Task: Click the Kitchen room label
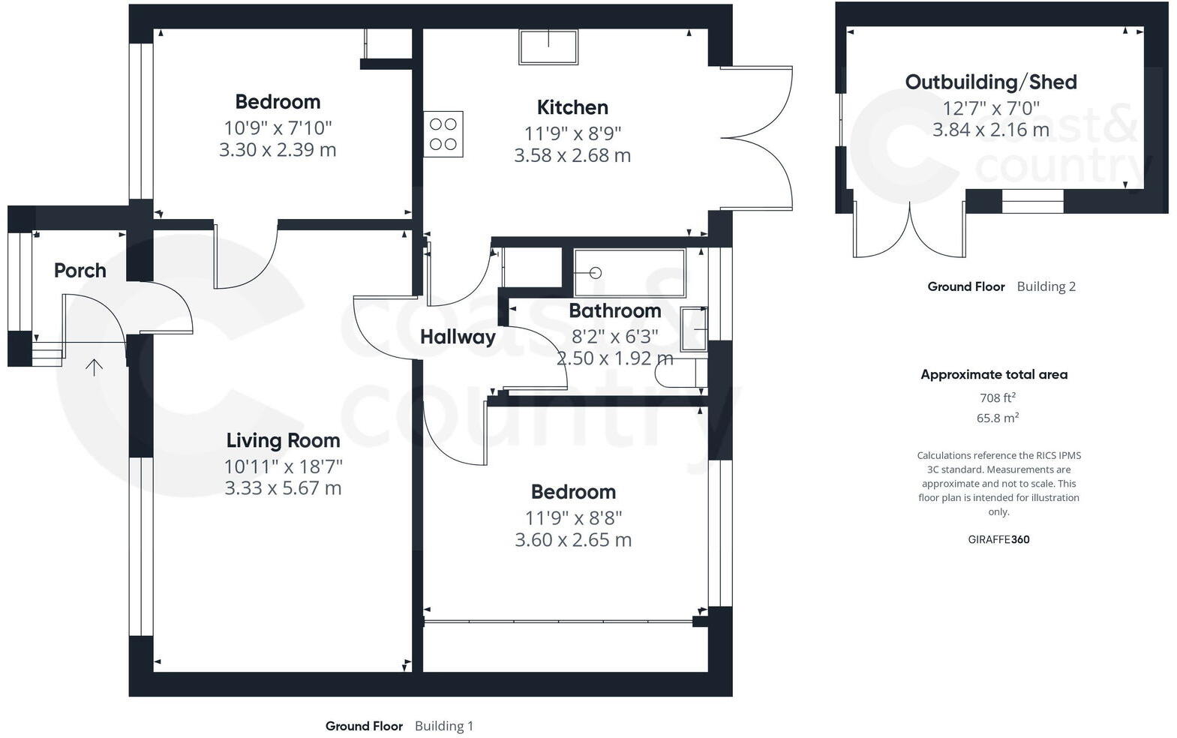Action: (572, 107)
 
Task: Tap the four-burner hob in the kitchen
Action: (443, 134)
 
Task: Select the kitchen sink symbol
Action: (548, 46)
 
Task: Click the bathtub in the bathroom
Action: (629, 273)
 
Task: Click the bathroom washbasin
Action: (693, 328)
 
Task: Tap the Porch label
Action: (80, 270)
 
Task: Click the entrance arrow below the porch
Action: (94, 367)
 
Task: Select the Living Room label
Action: (283, 440)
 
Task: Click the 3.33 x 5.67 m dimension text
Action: (283, 488)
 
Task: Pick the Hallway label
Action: (458, 337)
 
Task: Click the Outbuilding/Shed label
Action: (990, 82)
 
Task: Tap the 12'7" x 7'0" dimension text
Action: (990, 106)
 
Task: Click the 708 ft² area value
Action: (997, 398)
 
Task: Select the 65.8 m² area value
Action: (997, 418)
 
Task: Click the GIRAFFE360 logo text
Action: (998, 539)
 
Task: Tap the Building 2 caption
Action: (1046, 286)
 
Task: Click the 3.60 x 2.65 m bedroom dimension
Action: (573, 540)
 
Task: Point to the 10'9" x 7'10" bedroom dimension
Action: (278, 127)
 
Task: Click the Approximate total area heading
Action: (993, 374)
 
